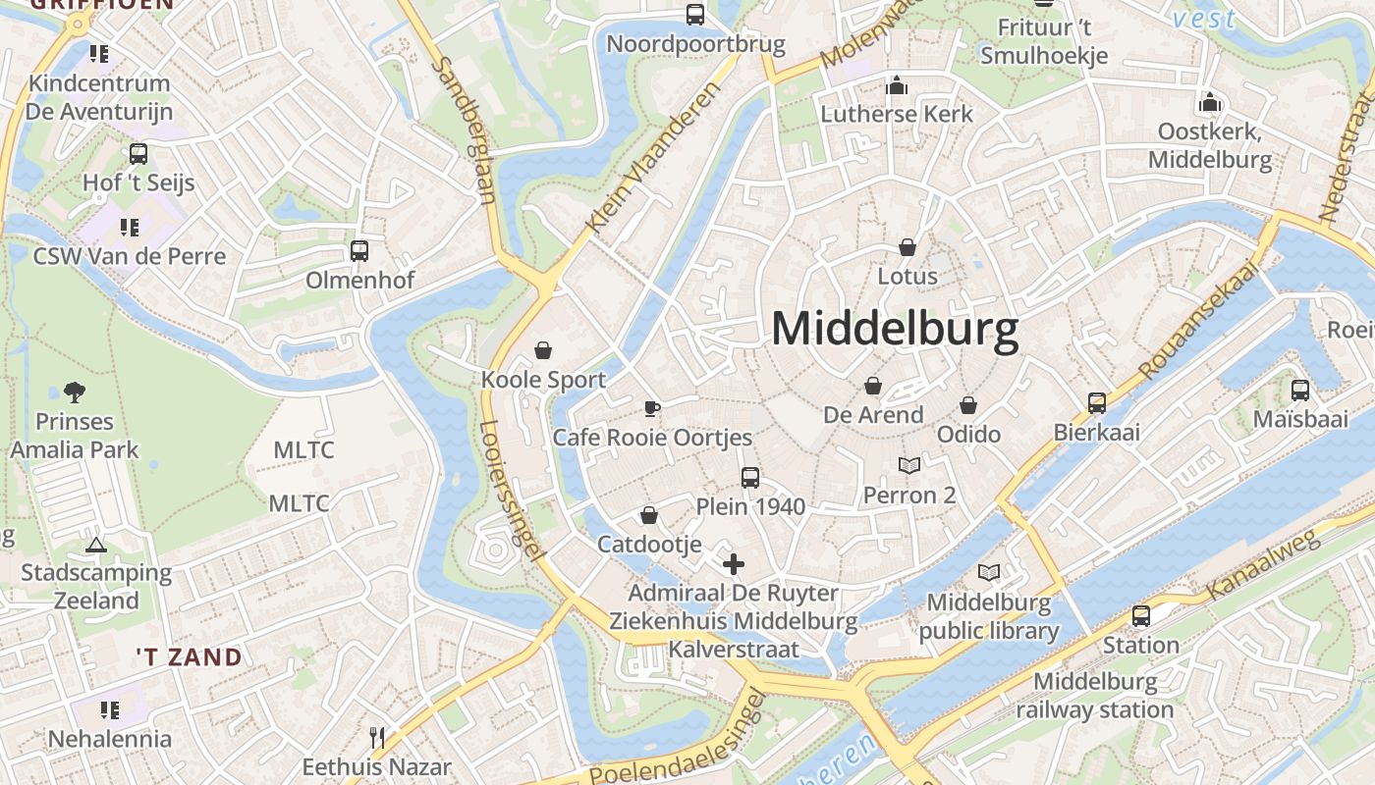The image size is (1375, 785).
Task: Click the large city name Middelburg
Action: [x=895, y=330]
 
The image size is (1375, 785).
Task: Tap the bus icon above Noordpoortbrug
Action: [x=695, y=15]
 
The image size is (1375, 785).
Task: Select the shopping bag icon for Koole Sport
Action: [x=543, y=350]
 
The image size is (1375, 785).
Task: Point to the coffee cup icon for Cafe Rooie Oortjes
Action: [x=651, y=408]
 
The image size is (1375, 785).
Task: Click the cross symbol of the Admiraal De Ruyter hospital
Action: [x=734, y=564]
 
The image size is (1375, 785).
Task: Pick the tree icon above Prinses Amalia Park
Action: [x=74, y=393]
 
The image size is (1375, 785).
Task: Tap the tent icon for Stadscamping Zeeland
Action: [x=95, y=545]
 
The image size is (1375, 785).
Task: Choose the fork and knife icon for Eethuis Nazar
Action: [x=376, y=737]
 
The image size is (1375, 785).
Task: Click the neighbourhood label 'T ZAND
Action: [x=190, y=656]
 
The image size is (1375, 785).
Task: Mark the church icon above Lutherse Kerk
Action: [x=896, y=86]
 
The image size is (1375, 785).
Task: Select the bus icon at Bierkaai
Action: [x=1097, y=402]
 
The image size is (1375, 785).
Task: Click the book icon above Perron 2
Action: [x=910, y=466]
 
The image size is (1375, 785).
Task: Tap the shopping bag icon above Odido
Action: [x=968, y=405]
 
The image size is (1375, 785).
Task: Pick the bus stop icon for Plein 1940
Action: [x=750, y=478]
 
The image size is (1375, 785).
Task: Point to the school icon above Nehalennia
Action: [x=109, y=709]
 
